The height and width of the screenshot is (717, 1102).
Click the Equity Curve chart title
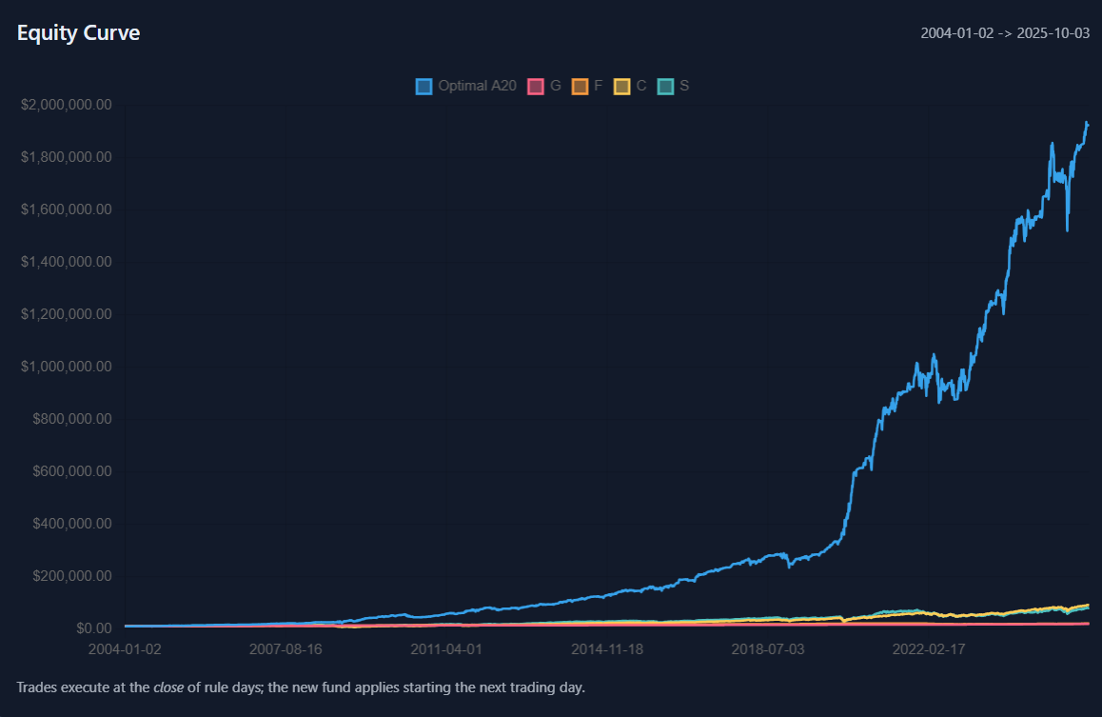(78, 32)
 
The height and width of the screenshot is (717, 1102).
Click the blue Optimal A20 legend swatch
(424, 86)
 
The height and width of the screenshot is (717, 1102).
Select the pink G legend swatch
(536, 86)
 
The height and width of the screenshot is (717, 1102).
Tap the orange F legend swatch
(580, 86)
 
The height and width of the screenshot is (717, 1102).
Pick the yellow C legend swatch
(622, 86)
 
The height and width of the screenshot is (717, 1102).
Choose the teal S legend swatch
(666, 86)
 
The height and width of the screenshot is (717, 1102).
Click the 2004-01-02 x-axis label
(126, 649)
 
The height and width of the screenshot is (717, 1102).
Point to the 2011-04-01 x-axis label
(446, 649)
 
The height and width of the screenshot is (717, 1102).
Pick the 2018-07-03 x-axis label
(767, 649)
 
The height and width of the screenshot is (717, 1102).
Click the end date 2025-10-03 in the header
(1053, 33)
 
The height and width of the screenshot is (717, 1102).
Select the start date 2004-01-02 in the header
(957, 33)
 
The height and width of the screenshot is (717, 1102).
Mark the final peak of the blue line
(1087, 123)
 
